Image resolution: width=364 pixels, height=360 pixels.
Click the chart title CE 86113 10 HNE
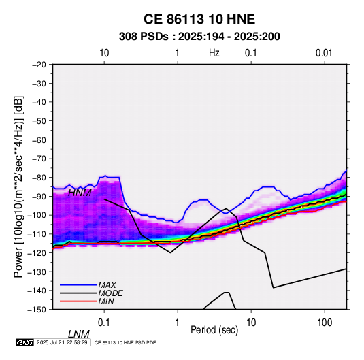(199, 19)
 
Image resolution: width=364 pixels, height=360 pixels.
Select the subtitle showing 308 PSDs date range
(199, 37)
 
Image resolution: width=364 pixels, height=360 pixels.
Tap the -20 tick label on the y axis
(39, 65)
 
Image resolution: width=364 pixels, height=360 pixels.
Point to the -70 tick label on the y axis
(39, 159)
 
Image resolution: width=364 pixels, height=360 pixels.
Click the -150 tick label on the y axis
(37, 310)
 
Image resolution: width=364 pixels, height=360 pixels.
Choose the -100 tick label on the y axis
(37, 215)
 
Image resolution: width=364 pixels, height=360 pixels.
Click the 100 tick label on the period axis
(325, 323)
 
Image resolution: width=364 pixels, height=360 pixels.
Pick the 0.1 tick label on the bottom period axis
(104, 323)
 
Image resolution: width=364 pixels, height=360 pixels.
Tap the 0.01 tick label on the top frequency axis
(324, 53)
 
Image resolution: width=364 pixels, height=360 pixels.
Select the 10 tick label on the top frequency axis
(104, 53)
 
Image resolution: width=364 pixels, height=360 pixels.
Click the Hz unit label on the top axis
(214, 53)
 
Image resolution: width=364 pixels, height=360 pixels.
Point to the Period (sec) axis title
(214, 330)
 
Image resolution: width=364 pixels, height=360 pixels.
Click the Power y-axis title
(18, 187)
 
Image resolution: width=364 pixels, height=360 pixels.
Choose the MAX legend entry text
(107, 285)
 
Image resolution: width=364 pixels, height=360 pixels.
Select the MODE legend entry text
(110, 293)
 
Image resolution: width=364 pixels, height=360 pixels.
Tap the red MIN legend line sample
(78, 301)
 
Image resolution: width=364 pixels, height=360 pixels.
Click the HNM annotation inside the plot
(80, 193)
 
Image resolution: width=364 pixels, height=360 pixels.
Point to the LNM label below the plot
(79, 334)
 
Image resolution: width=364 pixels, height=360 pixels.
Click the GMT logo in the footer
(25, 342)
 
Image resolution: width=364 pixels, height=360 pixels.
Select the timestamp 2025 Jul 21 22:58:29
(62, 342)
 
